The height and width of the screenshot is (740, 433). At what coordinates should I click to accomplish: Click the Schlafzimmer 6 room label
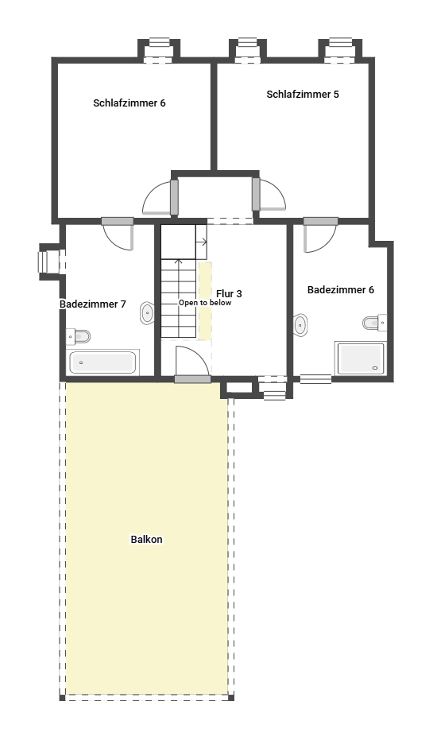(x=130, y=103)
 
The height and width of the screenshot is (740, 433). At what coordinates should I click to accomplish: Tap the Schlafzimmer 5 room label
(x=303, y=95)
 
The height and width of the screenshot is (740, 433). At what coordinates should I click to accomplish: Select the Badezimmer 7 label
(x=92, y=304)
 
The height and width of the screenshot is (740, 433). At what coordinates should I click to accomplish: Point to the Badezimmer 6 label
(x=341, y=290)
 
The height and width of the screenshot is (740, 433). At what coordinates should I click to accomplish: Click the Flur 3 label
(x=230, y=293)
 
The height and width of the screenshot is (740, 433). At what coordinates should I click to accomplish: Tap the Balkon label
(x=146, y=540)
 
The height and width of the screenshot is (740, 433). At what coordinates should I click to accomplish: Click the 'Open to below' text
(x=205, y=303)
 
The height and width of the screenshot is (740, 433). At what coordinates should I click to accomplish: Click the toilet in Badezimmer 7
(x=79, y=337)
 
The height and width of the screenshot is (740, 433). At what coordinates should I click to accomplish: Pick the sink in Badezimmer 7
(x=147, y=312)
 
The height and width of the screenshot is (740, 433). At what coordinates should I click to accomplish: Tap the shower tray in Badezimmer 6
(x=361, y=358)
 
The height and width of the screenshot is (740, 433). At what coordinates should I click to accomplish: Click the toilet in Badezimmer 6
(x=374, y=323)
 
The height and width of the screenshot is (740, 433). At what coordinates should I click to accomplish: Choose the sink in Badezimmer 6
(x=300, y=324)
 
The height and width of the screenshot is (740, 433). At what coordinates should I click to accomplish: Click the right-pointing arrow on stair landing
(x=202, y=242)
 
